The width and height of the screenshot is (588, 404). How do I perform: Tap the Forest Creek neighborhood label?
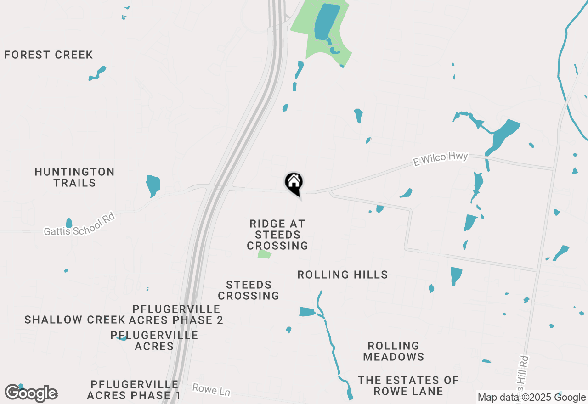pos(49,55)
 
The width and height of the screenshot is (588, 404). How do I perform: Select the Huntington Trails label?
pos(74,177)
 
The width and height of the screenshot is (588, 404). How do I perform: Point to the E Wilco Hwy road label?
pos(440,158)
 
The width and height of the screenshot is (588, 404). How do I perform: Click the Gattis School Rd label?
pos(79,224)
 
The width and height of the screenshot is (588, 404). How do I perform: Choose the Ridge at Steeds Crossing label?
pos(277,235)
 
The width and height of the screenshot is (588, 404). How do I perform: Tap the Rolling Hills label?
pos(343,275)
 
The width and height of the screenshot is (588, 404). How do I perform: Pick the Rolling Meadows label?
pos(394,351)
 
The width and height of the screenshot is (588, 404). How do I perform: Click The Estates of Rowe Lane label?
pos(408,386)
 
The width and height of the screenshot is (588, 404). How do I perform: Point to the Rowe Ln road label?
pos(211,390)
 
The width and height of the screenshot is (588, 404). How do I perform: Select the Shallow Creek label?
pos(75,320)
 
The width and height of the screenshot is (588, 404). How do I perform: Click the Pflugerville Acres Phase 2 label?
pos(177,314)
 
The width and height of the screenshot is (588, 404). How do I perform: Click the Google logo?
pos(31,393)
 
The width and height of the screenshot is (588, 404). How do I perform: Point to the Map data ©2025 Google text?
pos(531,398)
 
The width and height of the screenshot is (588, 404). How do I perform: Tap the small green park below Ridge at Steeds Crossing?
pos(264,254)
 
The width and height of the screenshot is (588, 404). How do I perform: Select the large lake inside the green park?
pos(327,22)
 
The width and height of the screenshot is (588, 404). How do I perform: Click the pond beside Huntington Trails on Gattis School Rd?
pos(153,185)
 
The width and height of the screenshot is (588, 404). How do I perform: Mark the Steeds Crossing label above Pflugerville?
pos(249,291)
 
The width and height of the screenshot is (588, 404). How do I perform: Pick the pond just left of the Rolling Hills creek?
pos(307,312)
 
